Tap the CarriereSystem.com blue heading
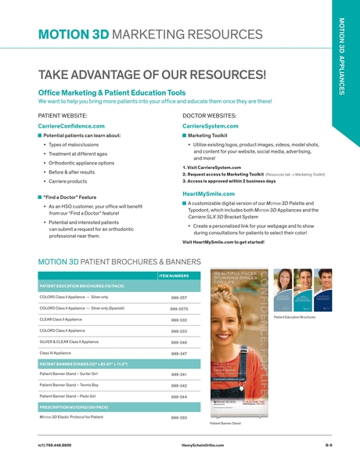click(x=209, y=125)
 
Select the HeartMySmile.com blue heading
click(x=209, y=193)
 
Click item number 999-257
click(x=178, y=298)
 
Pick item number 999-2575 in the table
click(x=178, y=309)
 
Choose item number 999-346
click(x=178, y=342)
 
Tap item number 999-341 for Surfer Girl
click(x=178, y=375)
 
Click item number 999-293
click(x=178, y=418)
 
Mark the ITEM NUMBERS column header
click(x=174, y=276)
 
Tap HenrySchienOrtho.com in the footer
click(x=197, y=444)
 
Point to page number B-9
click(x=329, y=444)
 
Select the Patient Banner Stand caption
click(x=225, y=424)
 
